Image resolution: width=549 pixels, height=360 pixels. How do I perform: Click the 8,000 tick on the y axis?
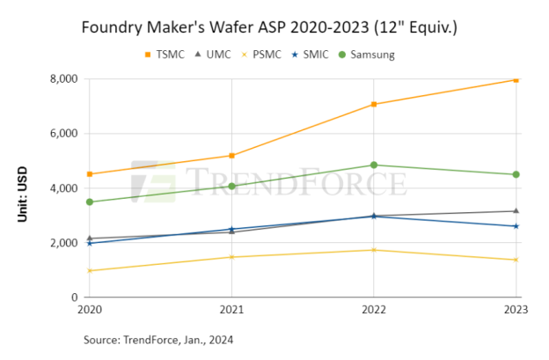tap(63, 79)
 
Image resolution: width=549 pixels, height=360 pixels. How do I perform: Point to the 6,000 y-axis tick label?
tap(63, 134)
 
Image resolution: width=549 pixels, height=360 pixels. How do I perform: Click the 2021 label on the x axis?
tap(231, 310)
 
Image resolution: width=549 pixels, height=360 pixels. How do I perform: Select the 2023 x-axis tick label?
tap(516, 310)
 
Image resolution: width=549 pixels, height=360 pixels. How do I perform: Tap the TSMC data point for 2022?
tap(374, 104)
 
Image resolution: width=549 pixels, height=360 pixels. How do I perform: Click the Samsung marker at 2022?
tap(374, 165)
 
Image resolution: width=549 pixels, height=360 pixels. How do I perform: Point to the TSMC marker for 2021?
tap(231, 156)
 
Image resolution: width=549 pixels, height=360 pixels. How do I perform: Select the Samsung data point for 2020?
tap(90, 202)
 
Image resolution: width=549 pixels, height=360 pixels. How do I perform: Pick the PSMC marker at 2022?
tap(374, 250)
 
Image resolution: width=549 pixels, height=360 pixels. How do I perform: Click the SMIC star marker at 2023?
tap(516, 226)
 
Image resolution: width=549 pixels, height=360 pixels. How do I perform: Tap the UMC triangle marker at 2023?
tap(516, 211)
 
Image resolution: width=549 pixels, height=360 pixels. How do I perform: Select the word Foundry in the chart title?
tap(110, 27)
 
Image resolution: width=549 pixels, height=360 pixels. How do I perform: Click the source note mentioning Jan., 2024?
tap(158, 339)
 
